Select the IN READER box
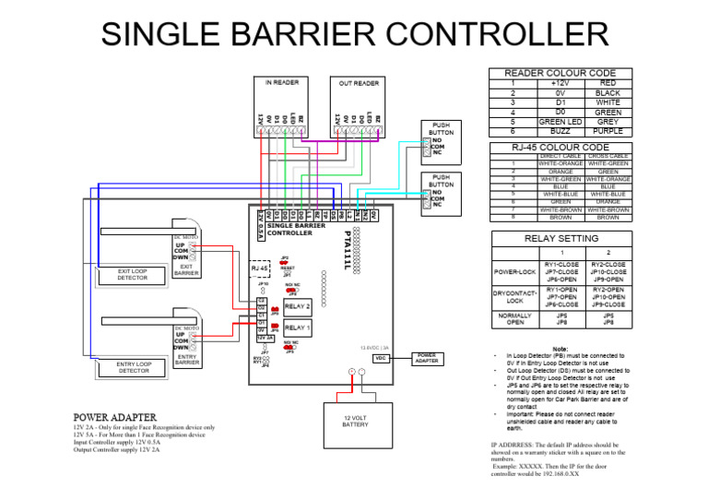[281, 103]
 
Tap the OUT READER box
[359, 104]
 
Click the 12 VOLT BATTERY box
[356, 421]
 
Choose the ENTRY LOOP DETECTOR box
[133, 368]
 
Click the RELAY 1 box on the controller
[297, 327]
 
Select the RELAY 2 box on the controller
[297, 305]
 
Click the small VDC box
[380, 358]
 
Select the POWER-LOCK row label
[514, 272]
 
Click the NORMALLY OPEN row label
[514, 318]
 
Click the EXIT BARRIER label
[186, 269]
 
